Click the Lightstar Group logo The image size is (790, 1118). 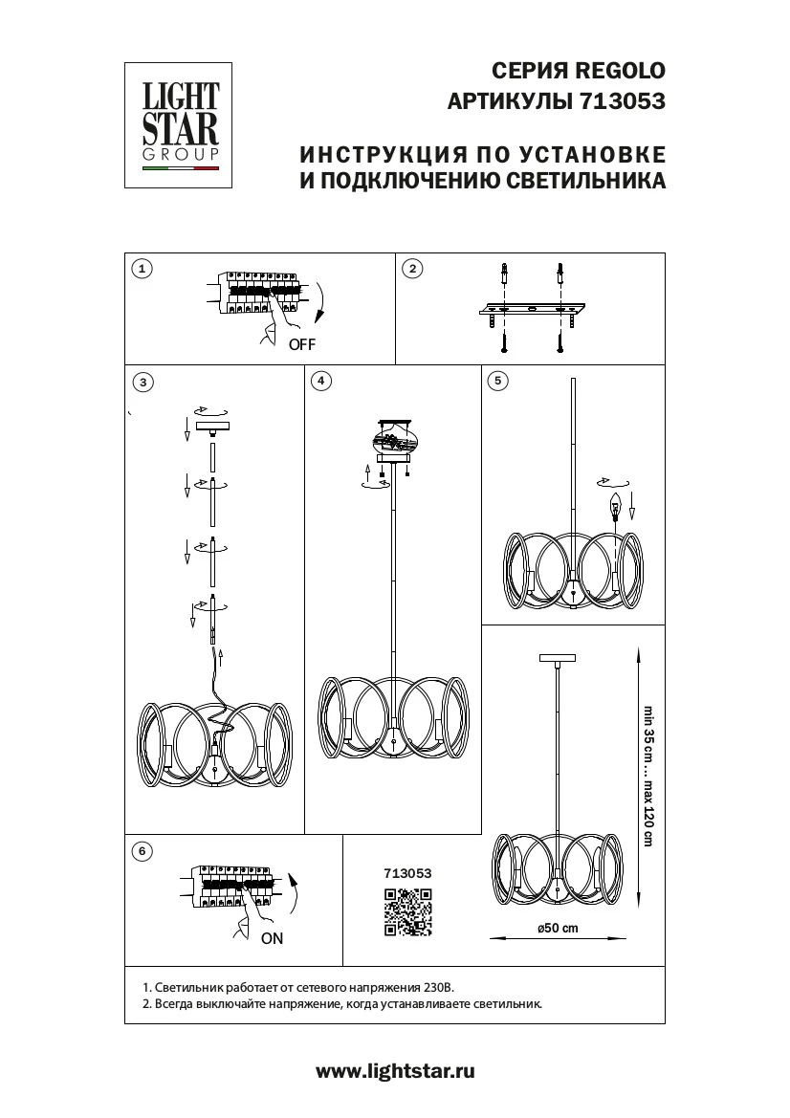182,126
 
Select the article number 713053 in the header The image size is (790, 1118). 623,100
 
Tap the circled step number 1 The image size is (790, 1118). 142,269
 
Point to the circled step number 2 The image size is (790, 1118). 412,269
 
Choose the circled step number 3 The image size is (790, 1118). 143,383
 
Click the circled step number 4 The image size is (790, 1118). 321,381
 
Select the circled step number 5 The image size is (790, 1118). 496,381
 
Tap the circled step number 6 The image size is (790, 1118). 142,850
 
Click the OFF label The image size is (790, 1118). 301,345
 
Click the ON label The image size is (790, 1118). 273,938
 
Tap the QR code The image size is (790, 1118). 407,911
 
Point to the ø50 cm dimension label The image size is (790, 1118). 558,928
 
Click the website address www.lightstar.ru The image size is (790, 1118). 395,1072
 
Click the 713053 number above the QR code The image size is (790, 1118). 407,873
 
